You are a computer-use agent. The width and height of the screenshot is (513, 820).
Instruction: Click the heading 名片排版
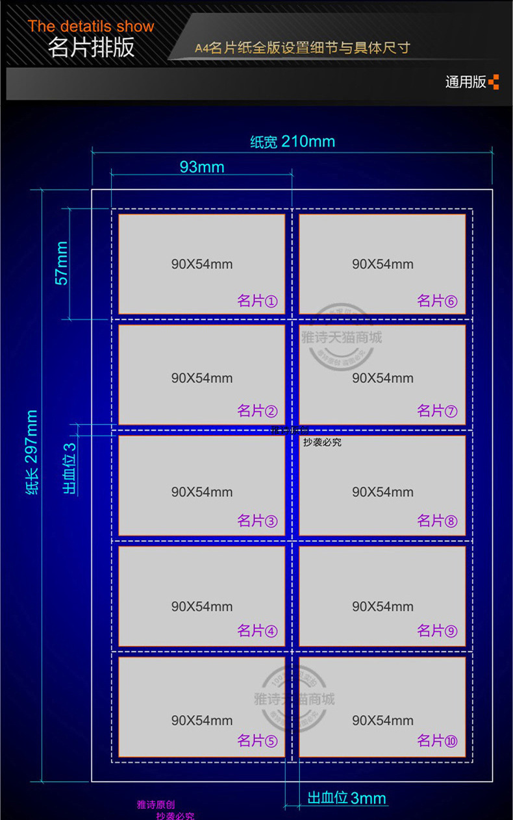click(91, 48)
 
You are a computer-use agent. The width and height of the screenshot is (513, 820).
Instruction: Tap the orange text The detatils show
click(91, 27)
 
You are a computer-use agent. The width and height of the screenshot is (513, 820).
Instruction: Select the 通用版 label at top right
click(466, 82)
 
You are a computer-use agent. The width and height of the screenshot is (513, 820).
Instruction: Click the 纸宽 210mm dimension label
click(292, 142)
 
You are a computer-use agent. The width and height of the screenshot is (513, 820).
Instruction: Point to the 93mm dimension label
click(202, 167)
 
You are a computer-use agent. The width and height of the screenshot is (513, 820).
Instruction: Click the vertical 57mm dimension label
click(62, 263)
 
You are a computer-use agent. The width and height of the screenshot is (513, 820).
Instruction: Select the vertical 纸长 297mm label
click(31, 452)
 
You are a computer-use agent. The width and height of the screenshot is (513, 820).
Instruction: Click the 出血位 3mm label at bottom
click(347, 798)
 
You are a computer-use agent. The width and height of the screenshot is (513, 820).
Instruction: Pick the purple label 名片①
click(258, 301)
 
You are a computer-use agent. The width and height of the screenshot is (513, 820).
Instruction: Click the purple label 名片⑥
click(438, 301)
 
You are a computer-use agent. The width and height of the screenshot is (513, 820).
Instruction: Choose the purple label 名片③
click(258, 521)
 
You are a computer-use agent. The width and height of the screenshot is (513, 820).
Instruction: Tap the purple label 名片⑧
click(438, 521)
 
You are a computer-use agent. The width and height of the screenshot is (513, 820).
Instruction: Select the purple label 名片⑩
click(438, 741)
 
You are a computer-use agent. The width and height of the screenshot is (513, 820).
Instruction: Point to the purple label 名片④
click(258, 630)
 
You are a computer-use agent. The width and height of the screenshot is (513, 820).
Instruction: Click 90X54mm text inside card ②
click(202, 378)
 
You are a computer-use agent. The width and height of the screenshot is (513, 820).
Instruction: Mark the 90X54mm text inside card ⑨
click(382, 606)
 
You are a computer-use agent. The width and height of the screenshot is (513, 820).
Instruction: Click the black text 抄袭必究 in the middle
click(322, 443)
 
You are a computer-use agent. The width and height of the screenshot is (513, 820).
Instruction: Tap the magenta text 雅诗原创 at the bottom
click(156, 805)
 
